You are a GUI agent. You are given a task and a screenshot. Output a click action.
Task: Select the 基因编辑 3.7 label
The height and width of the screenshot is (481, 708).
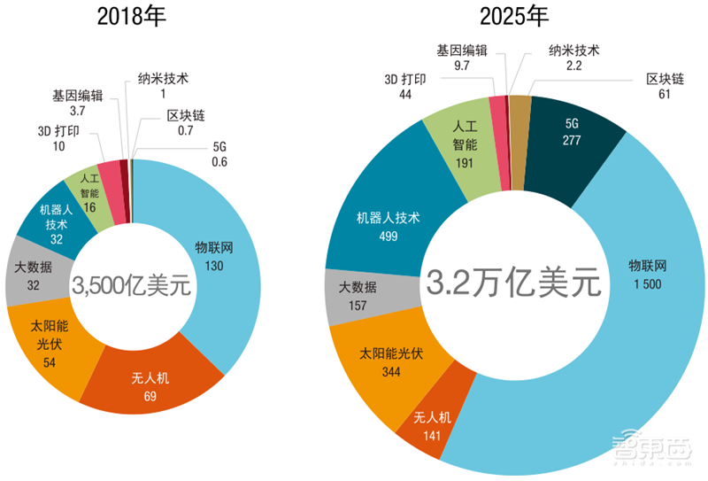pyautogui.click(x=76, y=104)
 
